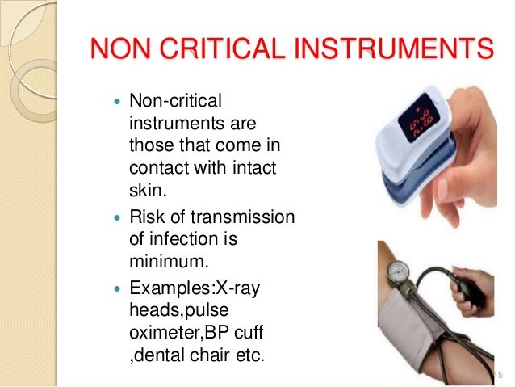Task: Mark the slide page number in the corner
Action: click(496, 374)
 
